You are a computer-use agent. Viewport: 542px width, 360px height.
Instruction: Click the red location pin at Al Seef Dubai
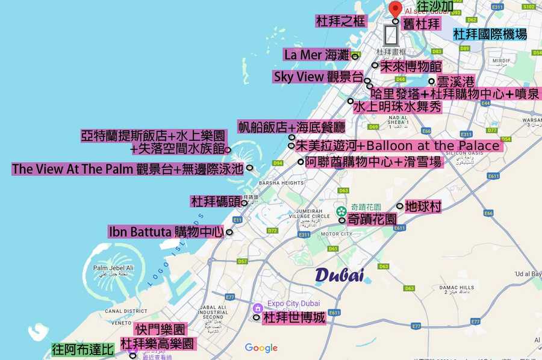395,8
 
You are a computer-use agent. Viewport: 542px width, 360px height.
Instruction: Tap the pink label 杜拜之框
341,22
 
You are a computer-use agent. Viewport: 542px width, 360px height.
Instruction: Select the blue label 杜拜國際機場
490,34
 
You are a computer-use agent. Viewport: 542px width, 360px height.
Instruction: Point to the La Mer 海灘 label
317,55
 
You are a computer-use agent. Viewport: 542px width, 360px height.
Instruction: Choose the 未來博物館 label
411,66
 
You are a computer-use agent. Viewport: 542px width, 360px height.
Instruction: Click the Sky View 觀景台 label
319,77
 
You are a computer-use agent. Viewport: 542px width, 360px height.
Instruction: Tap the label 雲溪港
455,81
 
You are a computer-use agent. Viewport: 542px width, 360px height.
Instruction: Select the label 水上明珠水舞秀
397,107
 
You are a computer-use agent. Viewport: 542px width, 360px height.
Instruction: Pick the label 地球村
423,206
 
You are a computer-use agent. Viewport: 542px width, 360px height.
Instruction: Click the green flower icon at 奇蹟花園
341,211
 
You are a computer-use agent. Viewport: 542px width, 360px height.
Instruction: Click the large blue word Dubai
340,275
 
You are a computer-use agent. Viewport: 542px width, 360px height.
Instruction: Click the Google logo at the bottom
261,348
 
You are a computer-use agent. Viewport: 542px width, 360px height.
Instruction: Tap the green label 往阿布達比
83,349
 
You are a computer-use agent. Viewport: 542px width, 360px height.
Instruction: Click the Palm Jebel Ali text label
113,268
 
